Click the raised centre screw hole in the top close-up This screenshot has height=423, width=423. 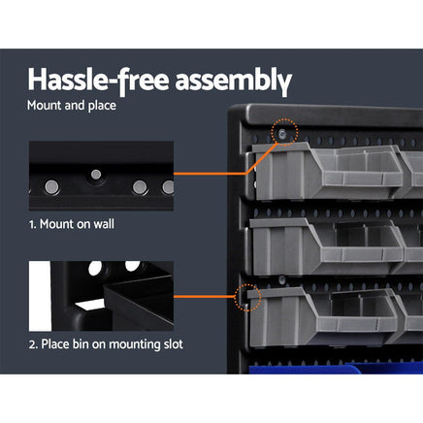click(x=95, y=175)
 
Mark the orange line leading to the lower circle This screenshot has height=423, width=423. click(x=206, y=297)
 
